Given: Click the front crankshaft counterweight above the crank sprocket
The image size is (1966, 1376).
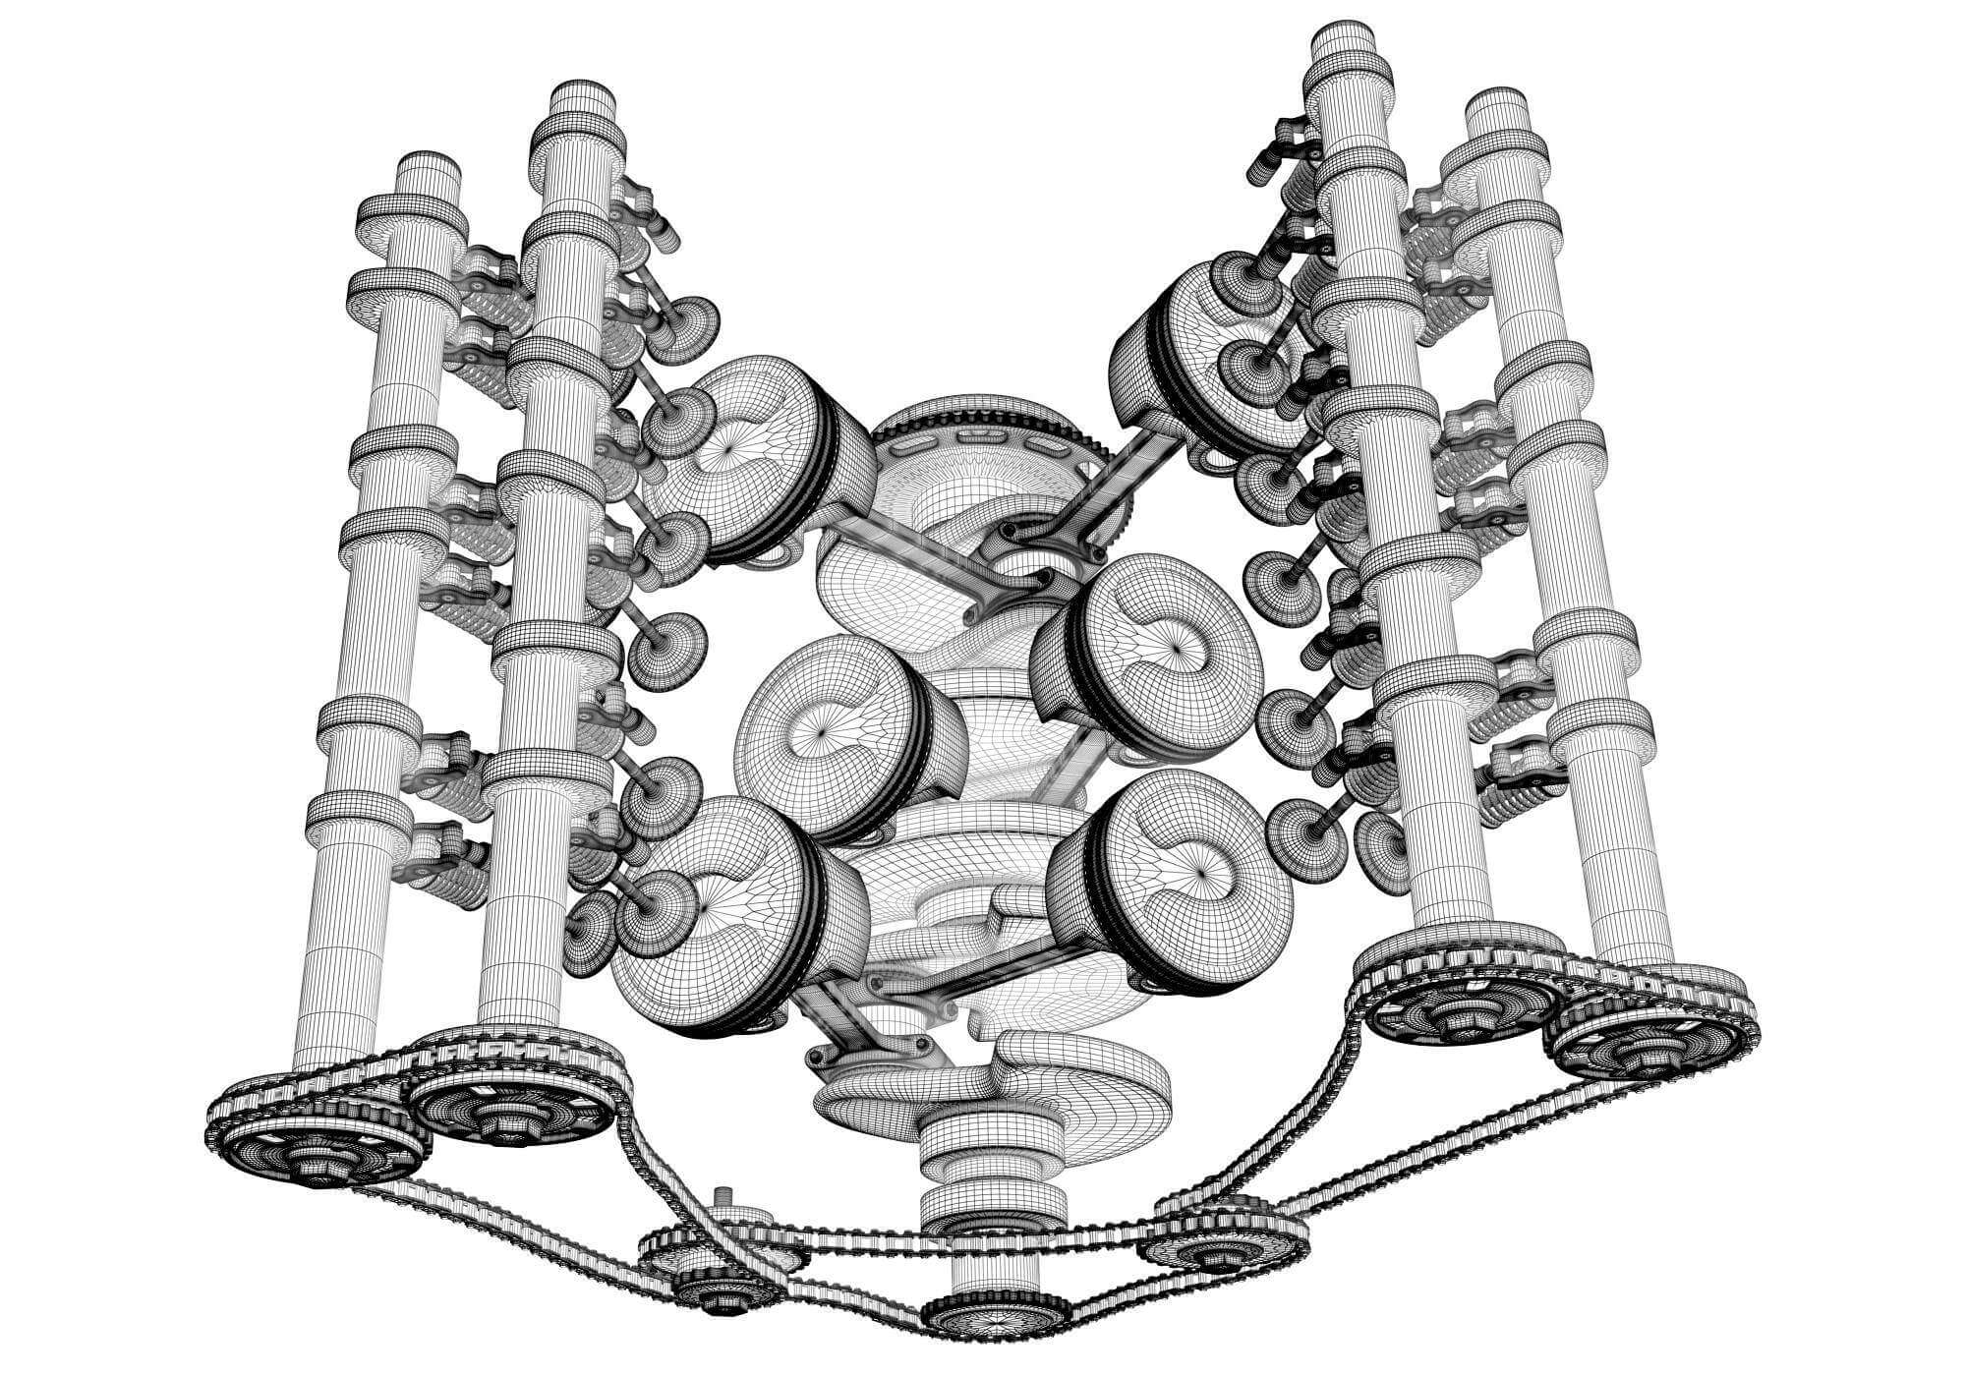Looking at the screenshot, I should click(993, 1091).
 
